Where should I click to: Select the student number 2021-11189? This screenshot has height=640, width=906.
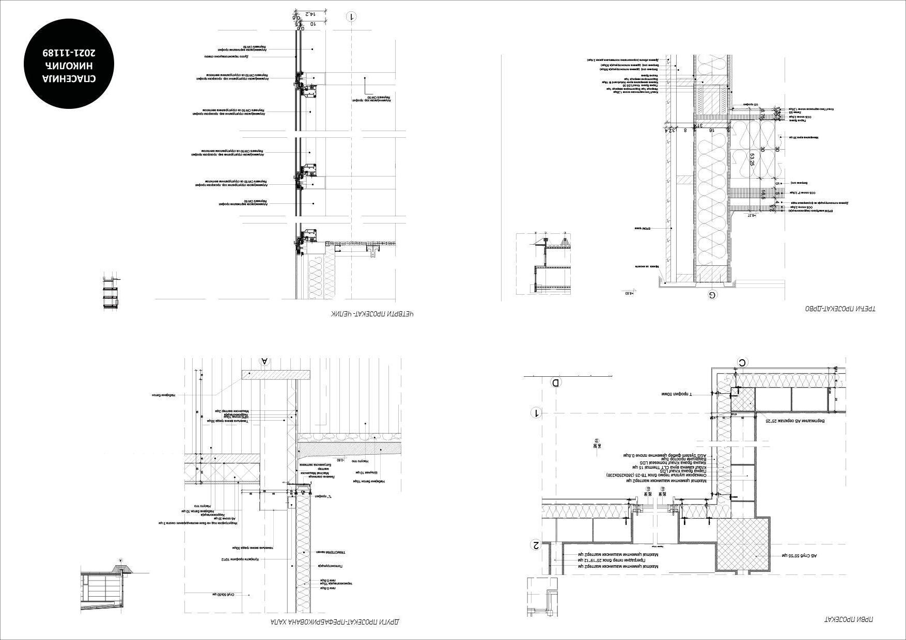[x=71, y=53]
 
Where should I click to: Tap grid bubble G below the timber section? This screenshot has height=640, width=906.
[x=712, y=295]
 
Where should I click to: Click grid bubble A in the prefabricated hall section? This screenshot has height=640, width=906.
[x=265, y=361]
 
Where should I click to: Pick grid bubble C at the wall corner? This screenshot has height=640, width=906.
[x=742, y=363]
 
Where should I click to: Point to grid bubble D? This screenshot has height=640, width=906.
[x=556, y=383]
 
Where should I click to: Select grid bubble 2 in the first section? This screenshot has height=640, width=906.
[x=536, y=545]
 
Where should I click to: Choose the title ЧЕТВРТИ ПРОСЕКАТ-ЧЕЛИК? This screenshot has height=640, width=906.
[x=372, y=313]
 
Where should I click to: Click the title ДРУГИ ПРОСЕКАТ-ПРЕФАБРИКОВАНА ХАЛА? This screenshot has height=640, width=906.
[x=335, y=621]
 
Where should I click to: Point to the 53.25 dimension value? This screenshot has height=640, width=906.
[x=752, y=159]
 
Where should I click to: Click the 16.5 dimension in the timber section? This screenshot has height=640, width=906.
[x=763, y=194]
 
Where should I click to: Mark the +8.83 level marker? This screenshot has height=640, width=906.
[x=628, y=293]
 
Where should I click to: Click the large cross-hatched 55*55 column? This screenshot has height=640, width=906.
[x=742, y=545]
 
